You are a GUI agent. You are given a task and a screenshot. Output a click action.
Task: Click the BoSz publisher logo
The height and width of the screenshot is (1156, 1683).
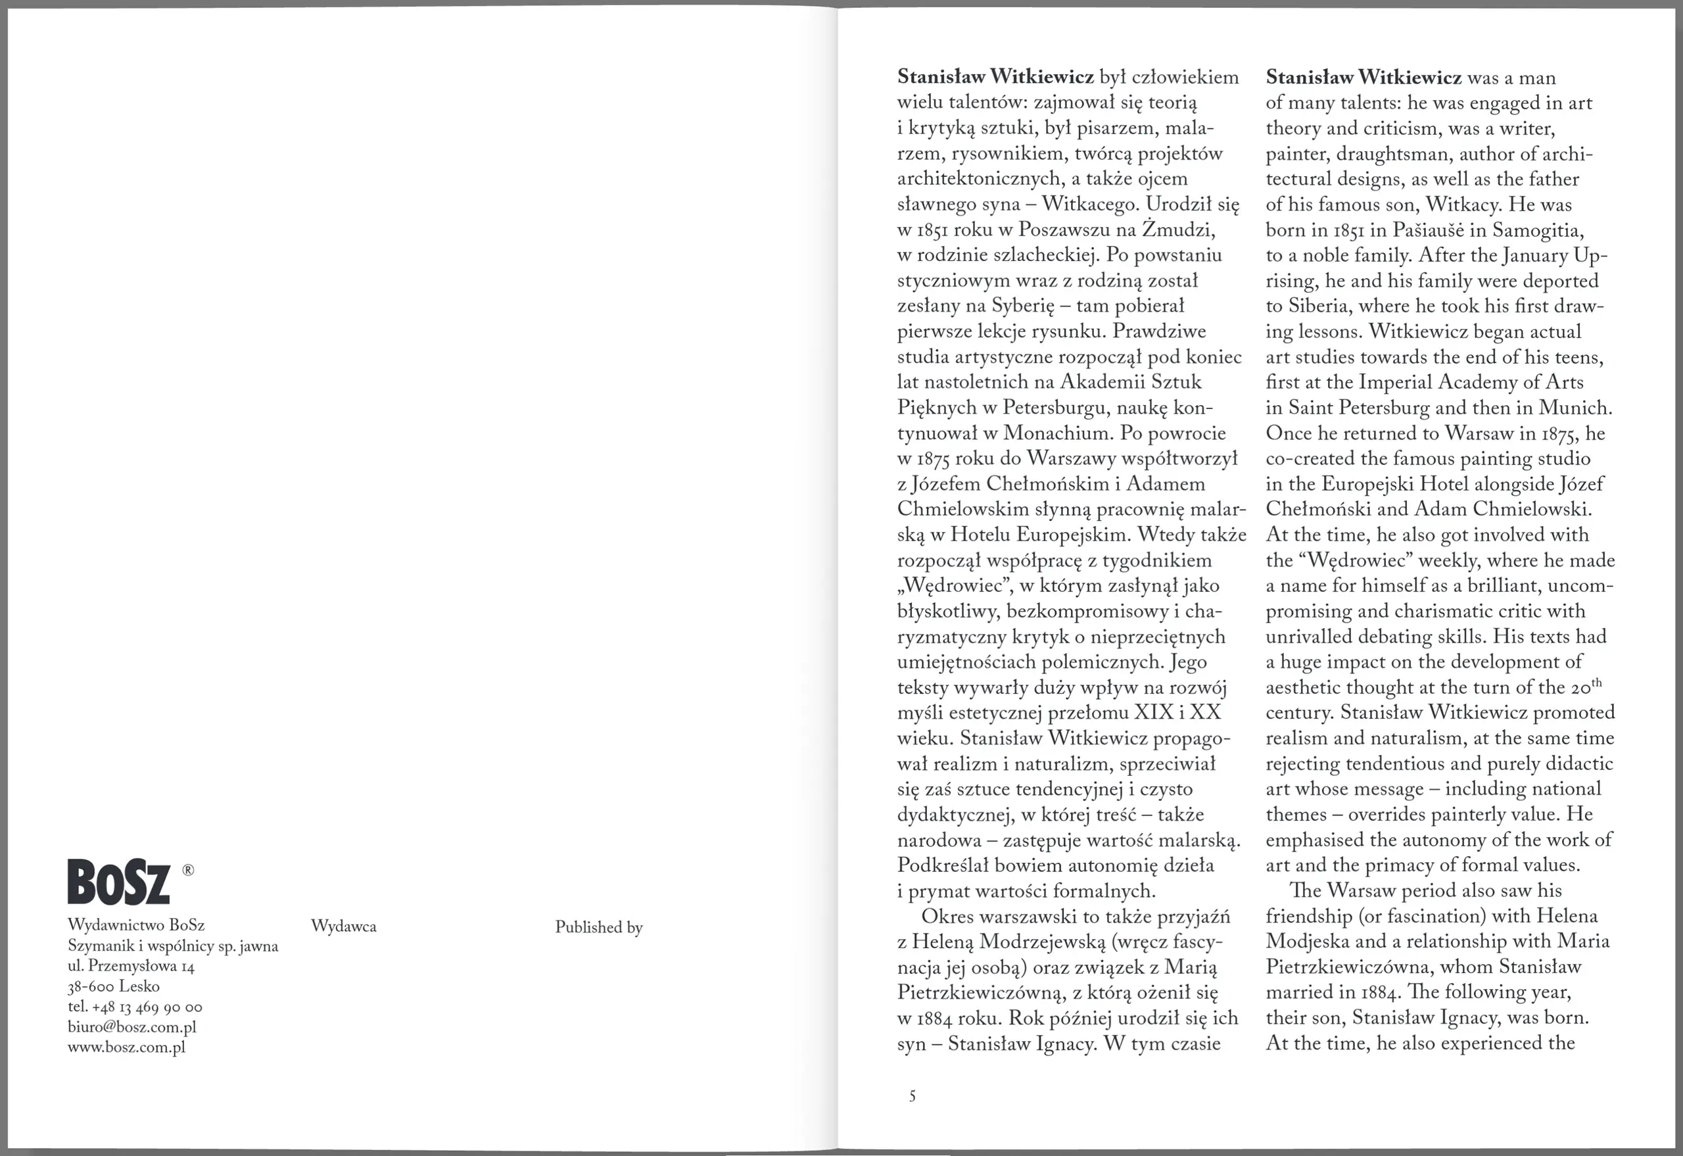pos(119,882)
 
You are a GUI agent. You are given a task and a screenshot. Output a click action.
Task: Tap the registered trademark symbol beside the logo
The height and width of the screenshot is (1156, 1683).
pos(187,870)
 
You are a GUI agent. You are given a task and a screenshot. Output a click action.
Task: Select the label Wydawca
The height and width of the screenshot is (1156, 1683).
pos(343,927)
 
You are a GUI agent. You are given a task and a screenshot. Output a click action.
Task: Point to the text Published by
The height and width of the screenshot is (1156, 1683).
pos(599,927)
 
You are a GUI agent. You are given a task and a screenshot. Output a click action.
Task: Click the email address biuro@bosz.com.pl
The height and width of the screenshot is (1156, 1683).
pos(131,1027)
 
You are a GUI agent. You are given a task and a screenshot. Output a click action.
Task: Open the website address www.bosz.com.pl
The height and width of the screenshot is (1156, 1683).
pos(127,1048)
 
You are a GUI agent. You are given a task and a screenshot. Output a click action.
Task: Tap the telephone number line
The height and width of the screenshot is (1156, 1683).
pos(135,1007)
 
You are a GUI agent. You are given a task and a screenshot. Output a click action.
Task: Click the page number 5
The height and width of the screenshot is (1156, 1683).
pos(913,1096)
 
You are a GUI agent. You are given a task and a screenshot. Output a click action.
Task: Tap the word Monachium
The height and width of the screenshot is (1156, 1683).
pos(1058,433)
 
